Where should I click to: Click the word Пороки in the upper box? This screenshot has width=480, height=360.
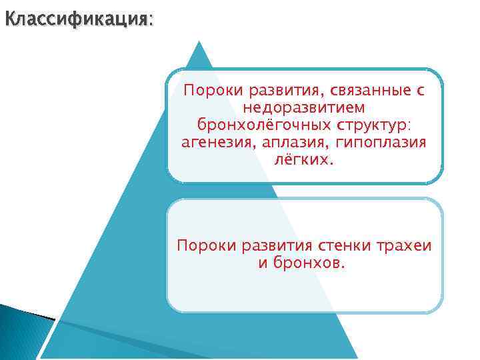coord(207,89)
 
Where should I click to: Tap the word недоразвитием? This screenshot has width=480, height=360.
coord(304,107)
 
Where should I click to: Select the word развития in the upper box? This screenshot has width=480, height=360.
coord(273,89)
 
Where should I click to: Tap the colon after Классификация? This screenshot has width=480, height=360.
coord(150,20)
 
